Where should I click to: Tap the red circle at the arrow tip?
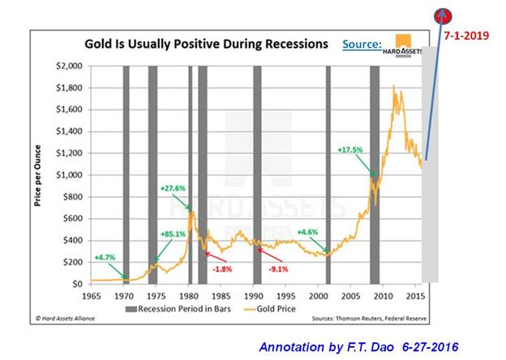442,13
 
